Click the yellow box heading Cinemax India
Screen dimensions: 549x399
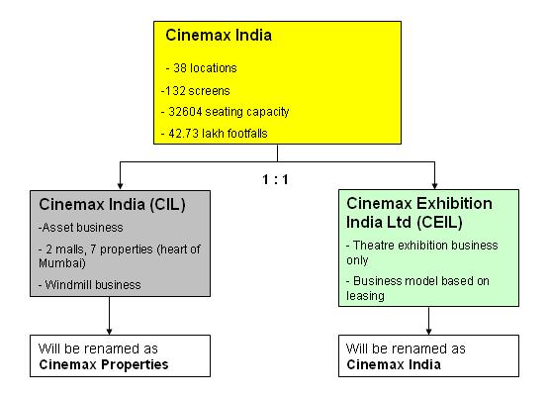pos(219,35)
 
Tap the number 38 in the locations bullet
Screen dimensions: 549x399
pos(180,68)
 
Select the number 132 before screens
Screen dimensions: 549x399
pos(175,91)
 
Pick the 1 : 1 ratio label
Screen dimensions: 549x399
pos(275,180)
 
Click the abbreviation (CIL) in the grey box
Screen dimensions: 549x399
pos(168,205)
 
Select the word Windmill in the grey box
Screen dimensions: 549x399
pos(67,285)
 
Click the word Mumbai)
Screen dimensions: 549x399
pos(62,263)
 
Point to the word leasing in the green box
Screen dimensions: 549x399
pos(365,296)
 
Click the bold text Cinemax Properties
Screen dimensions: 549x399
pos(104,364)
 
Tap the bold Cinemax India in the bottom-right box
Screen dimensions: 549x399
pos(394,364)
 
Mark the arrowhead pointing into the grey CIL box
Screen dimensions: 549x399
pos(120,186)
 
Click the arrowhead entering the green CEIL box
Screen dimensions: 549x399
pos(434,185)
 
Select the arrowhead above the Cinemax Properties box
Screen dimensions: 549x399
pos(109,331)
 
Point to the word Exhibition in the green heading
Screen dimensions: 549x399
pos(454,204)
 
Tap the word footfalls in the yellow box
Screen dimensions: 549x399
pos(248,134)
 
